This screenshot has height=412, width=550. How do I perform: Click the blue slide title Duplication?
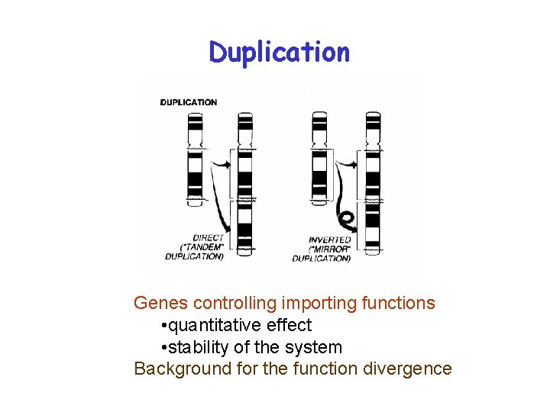click(279, 52)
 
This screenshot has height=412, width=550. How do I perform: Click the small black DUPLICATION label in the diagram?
click(189, 102)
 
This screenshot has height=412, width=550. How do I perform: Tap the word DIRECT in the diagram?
click(208, 237)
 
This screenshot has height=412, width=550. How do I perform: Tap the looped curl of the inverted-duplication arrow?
click(347, 220)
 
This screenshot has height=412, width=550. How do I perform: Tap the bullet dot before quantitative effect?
click(164, 326)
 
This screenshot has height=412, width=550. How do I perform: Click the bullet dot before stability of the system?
click(164, 348)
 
